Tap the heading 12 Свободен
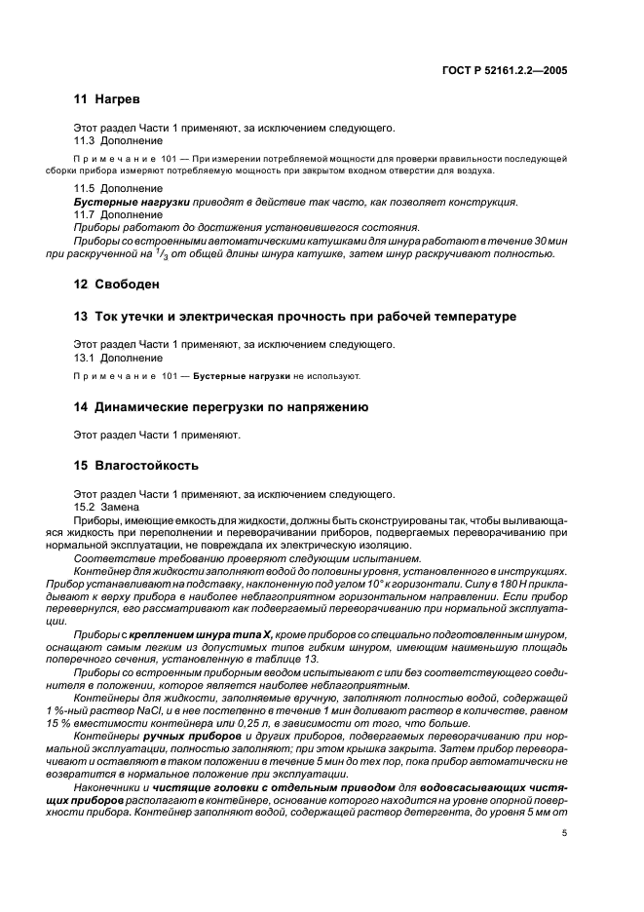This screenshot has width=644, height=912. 117,285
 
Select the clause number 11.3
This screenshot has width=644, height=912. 87,140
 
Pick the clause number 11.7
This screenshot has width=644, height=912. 87,214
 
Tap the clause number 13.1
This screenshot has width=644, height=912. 87,358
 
